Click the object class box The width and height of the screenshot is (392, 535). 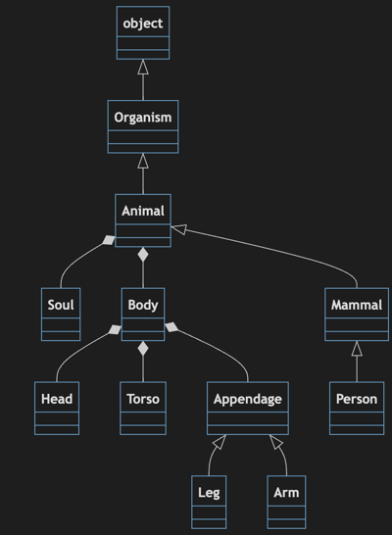pyautogui.click(x=143, y=32)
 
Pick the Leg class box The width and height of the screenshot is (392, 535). pyautogui.click(x=209, y=501)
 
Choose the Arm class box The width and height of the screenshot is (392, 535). pyautogui.click(x=286, y=501)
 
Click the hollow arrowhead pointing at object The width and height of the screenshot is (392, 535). pyautogui.click(x=143, y=67)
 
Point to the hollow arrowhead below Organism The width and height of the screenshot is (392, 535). pyautogui.click(x=143, y=161)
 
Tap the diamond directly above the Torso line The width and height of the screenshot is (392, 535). pyautogui.click(x=143, y=348)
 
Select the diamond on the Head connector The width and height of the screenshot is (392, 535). pyautogui.click(x=116, y=331)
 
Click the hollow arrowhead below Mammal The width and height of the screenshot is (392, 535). pyautogui.click(x=357, y=348)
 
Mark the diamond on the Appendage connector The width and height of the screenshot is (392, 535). pyautogui.click(x=171, y=325)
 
